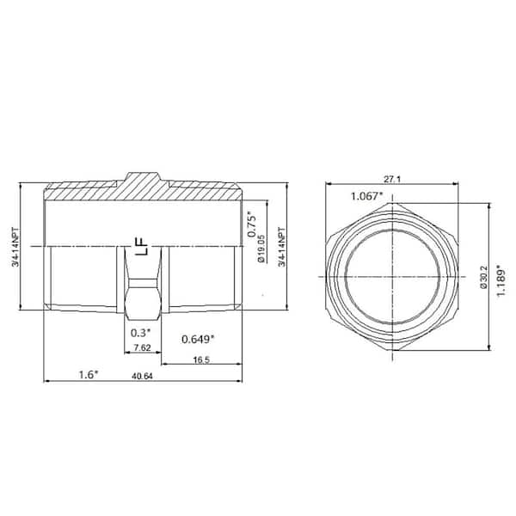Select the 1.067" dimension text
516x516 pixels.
tap(368, 196)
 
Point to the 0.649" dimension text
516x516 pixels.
tap(198, 339)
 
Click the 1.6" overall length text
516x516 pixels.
tap(89, 374)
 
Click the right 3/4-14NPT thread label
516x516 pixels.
tap(284, 249)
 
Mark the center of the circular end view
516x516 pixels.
tap(393, 276)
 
